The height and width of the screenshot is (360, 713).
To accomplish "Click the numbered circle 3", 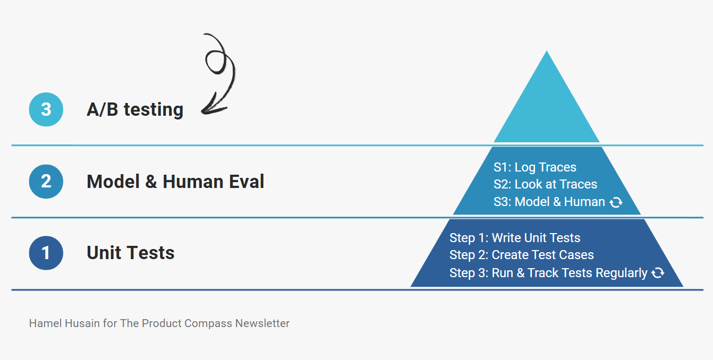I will pyautogui.click(x=46, y=109).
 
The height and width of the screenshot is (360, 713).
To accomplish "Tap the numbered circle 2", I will pyautogui.click(x=46, y=182).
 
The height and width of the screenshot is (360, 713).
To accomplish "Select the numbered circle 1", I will pyautogui.click(x=46, y=253).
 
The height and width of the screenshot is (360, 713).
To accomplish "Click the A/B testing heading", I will pyautogui.click(x=135, y=109).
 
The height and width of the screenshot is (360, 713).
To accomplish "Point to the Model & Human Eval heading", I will pyautogui.click(x=175, y=182).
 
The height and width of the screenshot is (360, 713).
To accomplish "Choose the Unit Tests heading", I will pyautogui.click(x=131, y=253).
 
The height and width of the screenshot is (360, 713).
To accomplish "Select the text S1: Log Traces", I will pyautogui.click(x=535, y=167).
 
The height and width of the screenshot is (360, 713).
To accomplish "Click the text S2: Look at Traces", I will pyautogui.click(x=545, y=184).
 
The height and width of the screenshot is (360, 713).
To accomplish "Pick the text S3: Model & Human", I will pyautogui.click(x=549, y=202).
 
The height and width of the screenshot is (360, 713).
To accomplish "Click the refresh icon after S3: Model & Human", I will pyautogui.click(x=616, y=202).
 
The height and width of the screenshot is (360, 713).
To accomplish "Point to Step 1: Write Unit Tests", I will pyautogui.click(x=515, y=238).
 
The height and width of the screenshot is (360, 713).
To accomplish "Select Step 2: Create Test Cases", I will pyautogui.click(x=522, y=255).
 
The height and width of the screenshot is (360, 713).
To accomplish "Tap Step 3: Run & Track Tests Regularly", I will pyautogui.click(x=548, y=273).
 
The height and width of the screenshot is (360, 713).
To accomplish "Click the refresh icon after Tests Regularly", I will pyautogui.click(x=658, y=273).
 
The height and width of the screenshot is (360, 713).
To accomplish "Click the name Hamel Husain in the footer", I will pyautogui.click(x=65, y=323).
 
